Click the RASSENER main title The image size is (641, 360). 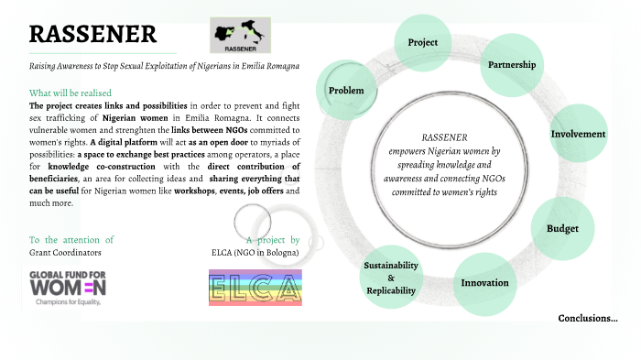[92, 35]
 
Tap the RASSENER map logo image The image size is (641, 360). [240, 35]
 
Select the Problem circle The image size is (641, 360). [346, 90]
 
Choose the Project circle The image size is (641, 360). [422, 42]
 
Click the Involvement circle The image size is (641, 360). [578, 134]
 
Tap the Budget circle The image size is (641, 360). [563, 227]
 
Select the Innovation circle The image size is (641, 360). [484, 282]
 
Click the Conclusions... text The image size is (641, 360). [588, 319]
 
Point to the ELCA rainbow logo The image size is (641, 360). [255, 288]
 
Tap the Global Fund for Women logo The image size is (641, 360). [69, 287]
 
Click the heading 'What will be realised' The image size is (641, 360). [71, 93]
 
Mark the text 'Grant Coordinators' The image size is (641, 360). [65, 251]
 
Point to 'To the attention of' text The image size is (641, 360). [71, 239]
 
